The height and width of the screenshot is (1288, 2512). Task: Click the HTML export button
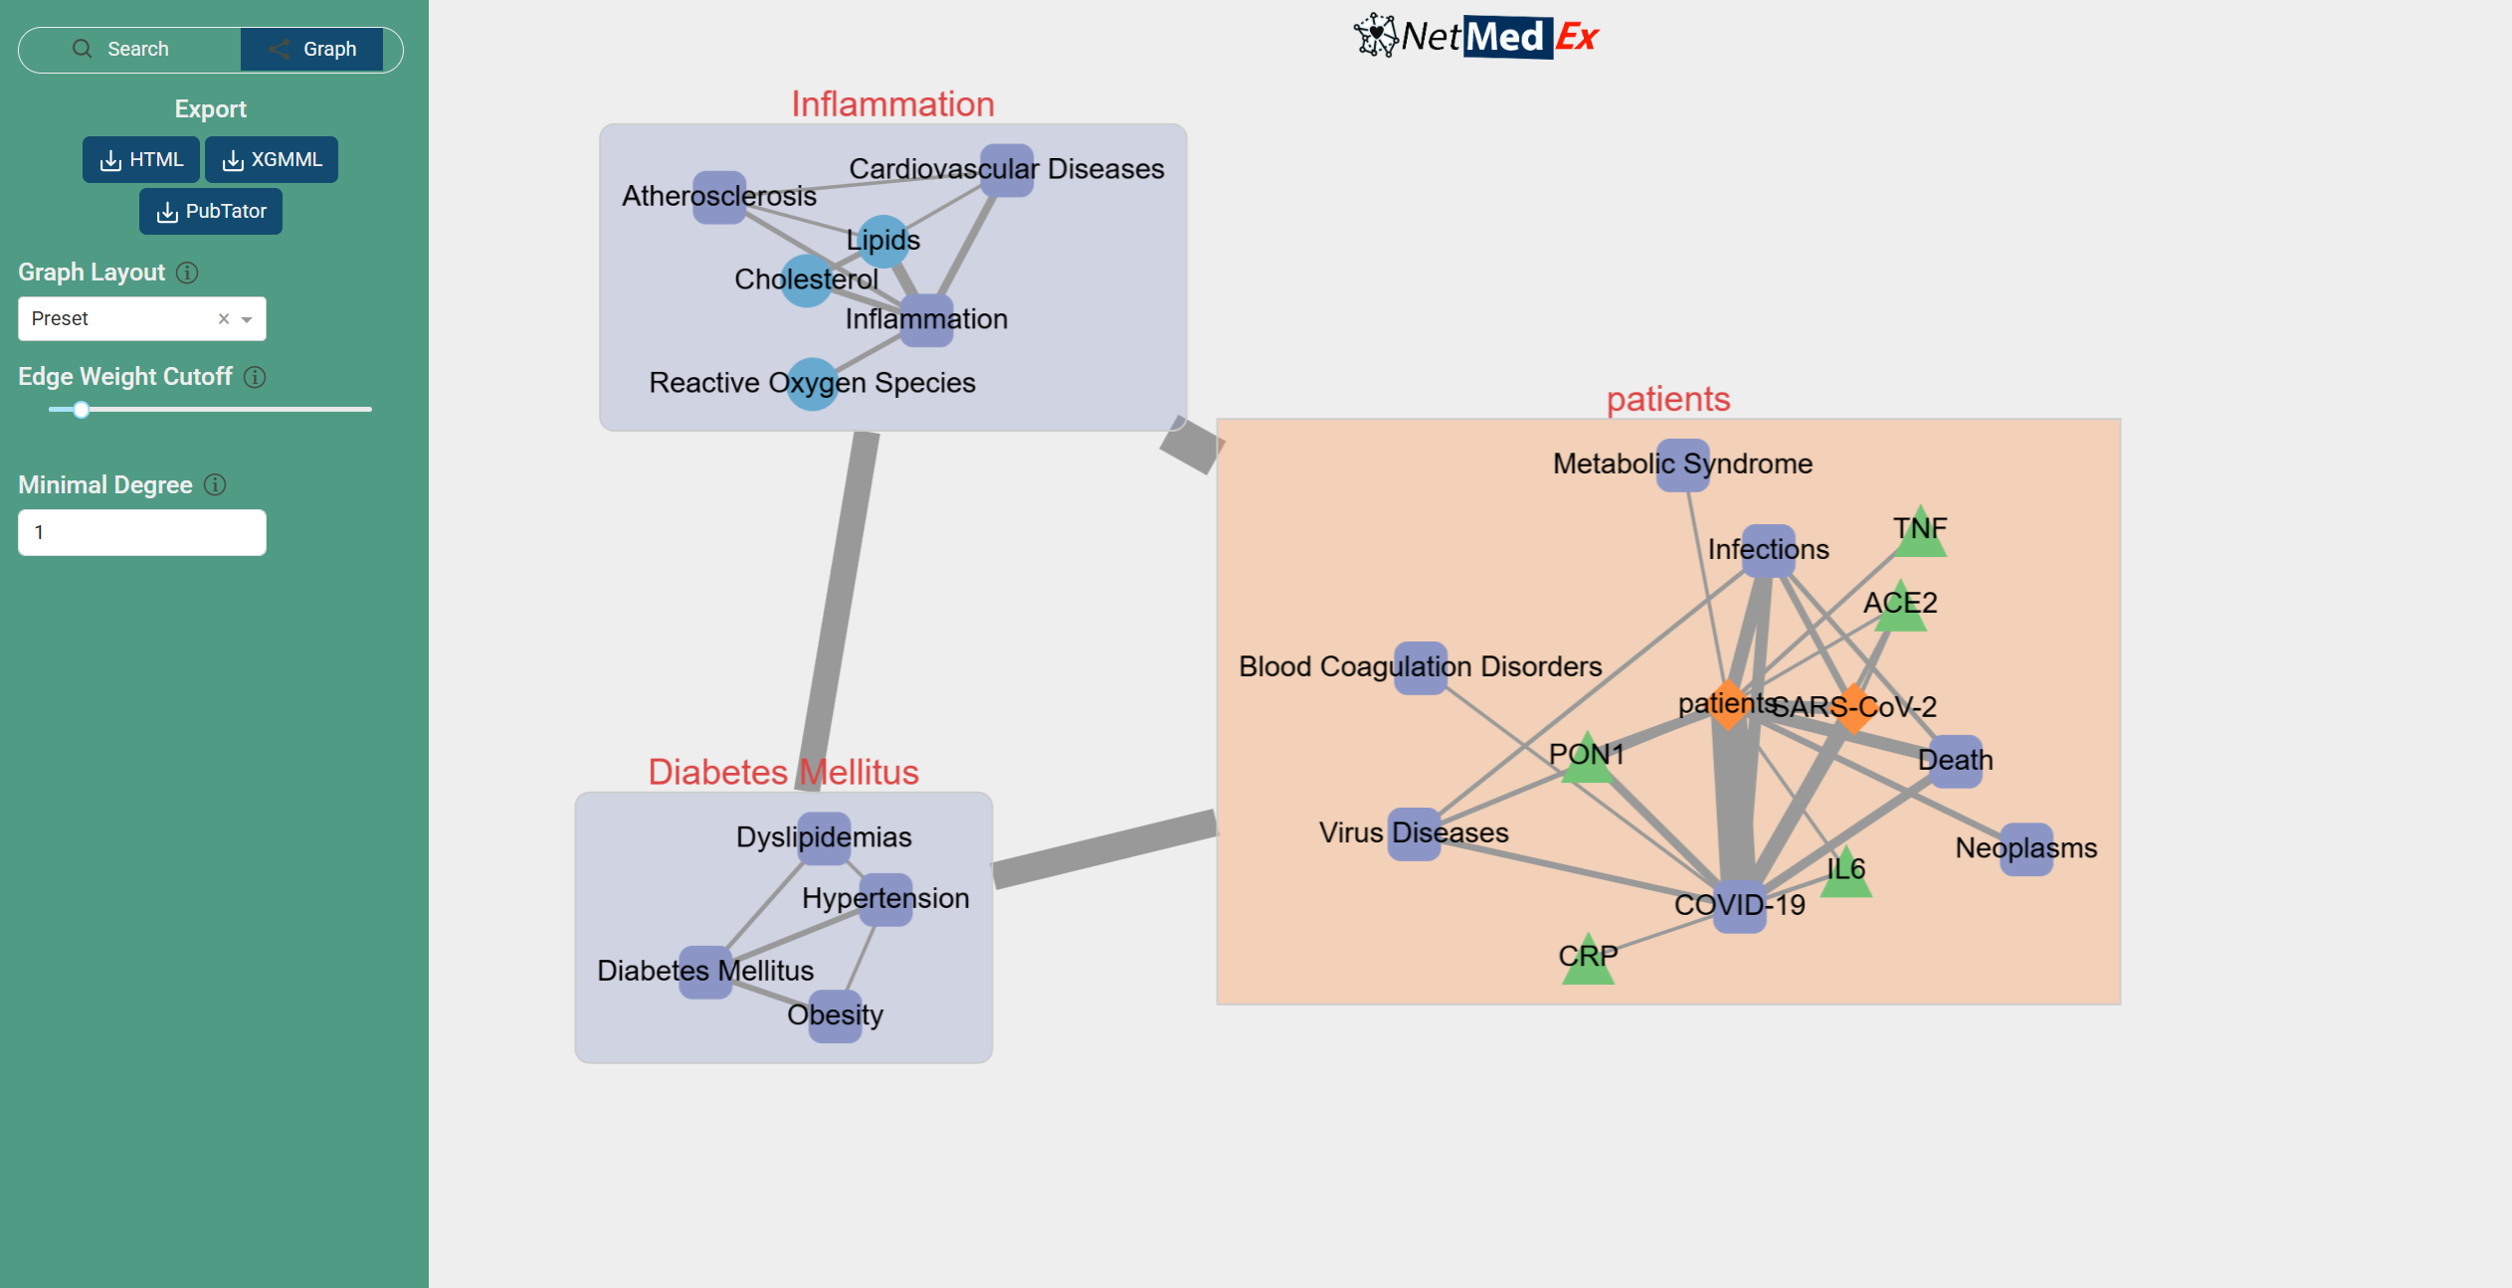(x=141, y=160)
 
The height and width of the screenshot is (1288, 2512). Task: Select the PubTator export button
(x=211, y=212)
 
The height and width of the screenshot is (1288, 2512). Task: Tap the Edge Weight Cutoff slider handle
(x=82, y=410)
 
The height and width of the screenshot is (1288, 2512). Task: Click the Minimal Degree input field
(x=142, y=533)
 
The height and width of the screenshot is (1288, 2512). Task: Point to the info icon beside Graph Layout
(x=187, y=273)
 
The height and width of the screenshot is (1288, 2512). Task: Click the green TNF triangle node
(x=1920, y=534)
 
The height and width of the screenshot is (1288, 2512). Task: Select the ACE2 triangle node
(x=1900, y=608)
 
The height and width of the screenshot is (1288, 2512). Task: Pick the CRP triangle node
(x=1588, y=962)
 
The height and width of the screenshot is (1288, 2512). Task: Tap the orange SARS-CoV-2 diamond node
(x=1853, y=708)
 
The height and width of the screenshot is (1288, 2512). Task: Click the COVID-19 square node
(x=1740, y=906)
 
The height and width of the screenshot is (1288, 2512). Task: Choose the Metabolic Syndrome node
(x=1683, y=464)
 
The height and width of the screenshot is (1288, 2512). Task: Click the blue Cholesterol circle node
(x=806, y=280)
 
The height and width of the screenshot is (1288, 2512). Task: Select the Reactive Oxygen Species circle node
(x=813, y=384)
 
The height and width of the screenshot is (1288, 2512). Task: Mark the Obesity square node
(x=836, y=1015)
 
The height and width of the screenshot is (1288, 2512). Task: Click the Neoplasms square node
(x=2027, y=848)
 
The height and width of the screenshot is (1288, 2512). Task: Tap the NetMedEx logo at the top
(x=1475, y=37)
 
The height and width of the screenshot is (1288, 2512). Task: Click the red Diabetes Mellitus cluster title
(x=783, y=772)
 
